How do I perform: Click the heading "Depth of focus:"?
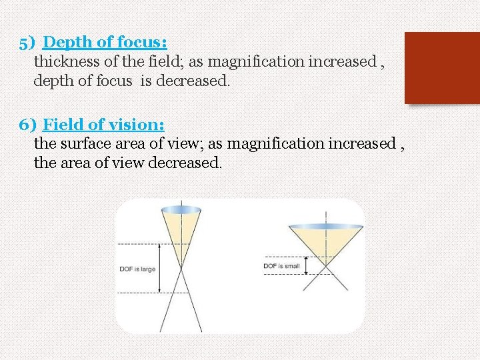(105, 43)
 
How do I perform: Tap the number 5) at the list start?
(28, 43)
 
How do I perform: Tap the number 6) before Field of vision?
(29, 125)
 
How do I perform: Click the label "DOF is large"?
(137, 269)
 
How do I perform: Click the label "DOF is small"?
(281, 266)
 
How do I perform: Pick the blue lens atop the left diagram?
(181, 210)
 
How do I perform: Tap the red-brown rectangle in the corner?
(442, 67)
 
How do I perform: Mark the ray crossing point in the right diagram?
(325, 266)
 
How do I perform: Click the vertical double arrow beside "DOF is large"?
(160, 269)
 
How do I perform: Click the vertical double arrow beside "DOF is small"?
(305, 266)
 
